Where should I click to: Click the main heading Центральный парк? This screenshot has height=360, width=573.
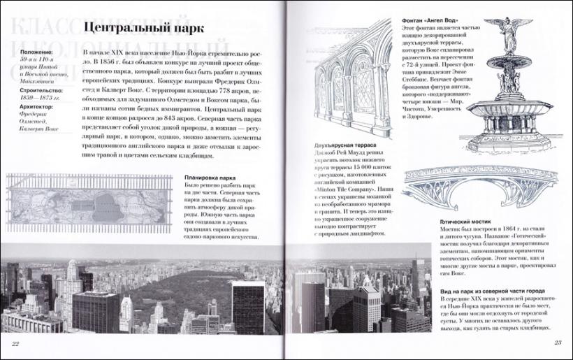[143, 29]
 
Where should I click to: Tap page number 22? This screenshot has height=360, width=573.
[15, 343]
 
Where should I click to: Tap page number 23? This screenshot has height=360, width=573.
[558, 342]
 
